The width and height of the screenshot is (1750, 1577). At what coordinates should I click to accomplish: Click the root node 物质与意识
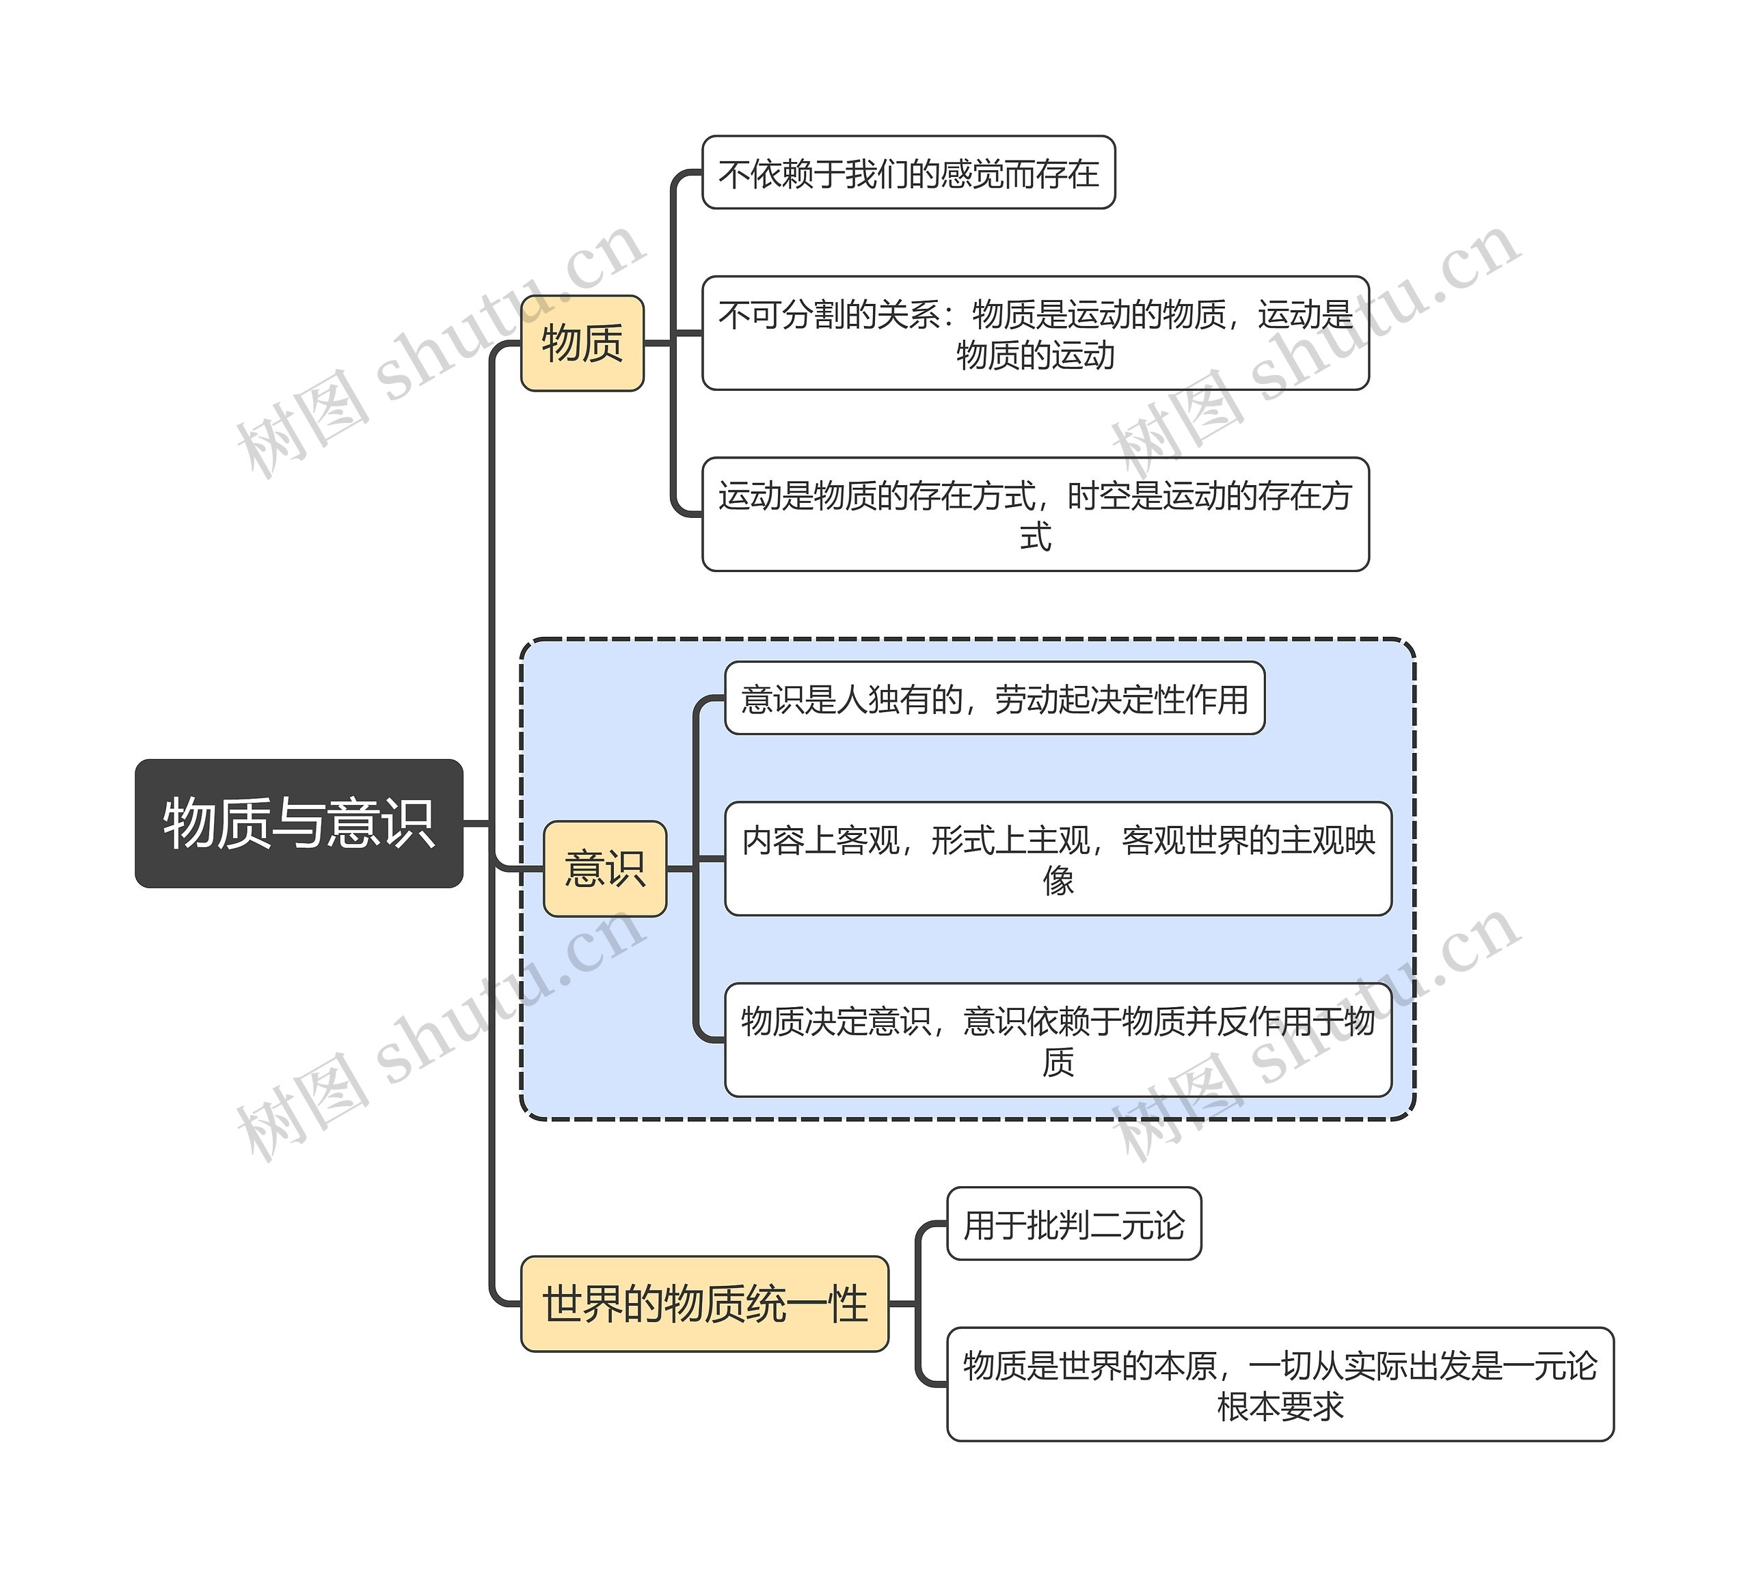coord(298,823)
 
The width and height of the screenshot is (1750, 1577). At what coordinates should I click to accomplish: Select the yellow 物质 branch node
coord(582,343)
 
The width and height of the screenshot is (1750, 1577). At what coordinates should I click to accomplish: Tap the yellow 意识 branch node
coord(604,868)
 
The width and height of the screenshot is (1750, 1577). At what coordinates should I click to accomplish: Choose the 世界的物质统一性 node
coord(704,1303)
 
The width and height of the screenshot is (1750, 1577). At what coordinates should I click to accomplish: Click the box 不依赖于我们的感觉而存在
coord(908,172)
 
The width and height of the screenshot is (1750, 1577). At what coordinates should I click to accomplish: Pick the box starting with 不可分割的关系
coord(1035,333)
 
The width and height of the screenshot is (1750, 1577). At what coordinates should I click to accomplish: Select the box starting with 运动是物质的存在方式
coord(1035,514)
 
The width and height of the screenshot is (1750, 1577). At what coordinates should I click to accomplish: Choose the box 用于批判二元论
coord(1073,1224)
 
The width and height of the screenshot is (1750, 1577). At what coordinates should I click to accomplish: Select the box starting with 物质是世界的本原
coord(1280,1384)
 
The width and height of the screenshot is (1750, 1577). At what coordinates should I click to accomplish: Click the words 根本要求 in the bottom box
coord(1280,1406)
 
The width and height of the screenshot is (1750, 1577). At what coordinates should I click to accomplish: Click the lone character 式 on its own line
coord(1035,536)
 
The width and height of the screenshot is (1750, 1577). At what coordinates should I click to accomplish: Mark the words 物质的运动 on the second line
coord(1035,355)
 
